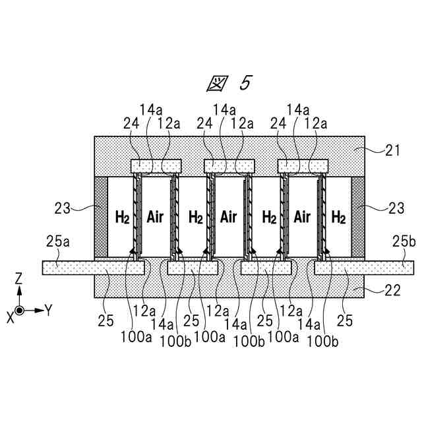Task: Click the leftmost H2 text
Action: point(122,216)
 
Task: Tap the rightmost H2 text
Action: point(338,216)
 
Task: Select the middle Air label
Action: point(228,216)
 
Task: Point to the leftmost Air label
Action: point(155,216)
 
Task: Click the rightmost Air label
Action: point(302,216)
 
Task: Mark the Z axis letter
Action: point(19,280)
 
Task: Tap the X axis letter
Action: point(10,317)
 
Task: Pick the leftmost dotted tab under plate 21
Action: point(156,165)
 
